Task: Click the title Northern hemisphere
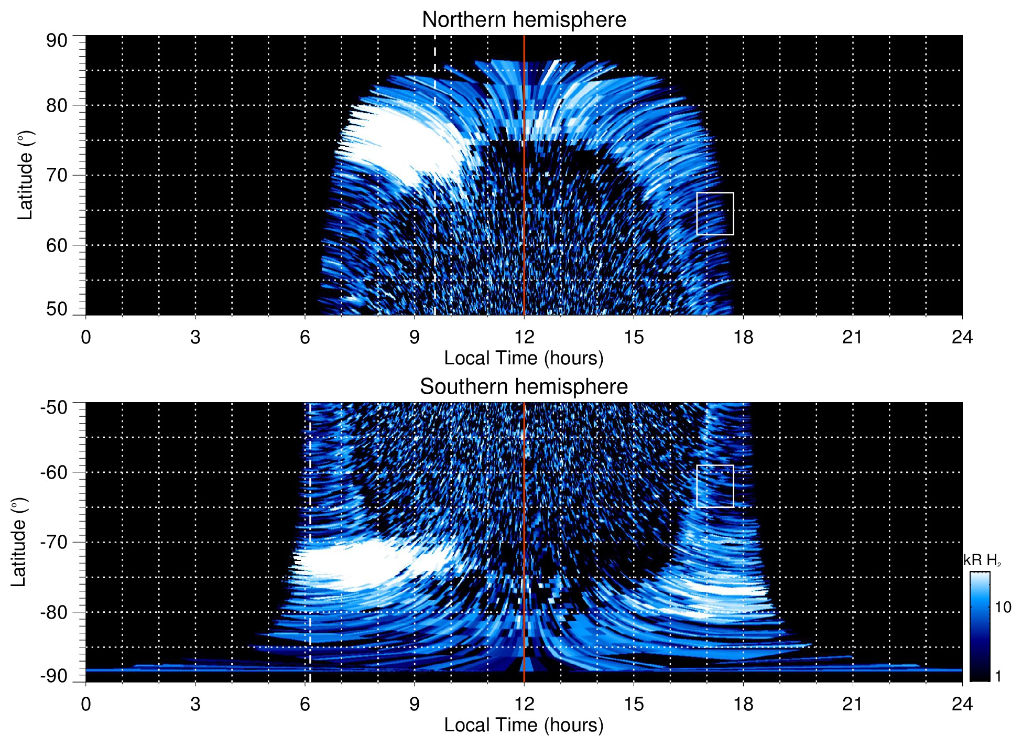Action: (524, 20)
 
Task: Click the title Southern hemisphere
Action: (524, 387)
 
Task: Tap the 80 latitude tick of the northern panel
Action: (57, 105)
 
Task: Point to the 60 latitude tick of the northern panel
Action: (57, 245)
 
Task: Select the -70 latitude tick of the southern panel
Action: (54, 542)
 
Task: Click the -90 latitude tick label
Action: (54, 676)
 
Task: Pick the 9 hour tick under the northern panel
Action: (415, 337)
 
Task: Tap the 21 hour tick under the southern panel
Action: (852, 704)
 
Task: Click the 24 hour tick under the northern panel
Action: (962, 337)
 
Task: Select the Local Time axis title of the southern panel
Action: (524, 725)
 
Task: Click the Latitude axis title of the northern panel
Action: (25, 176)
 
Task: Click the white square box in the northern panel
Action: (715, 213)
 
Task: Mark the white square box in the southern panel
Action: (715, 486)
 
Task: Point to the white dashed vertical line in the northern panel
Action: (434, 183)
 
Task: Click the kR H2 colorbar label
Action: (982, 560)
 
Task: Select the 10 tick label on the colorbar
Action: (1003, 607)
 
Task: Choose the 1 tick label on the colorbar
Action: (998, 676)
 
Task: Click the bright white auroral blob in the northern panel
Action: (404, 144)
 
